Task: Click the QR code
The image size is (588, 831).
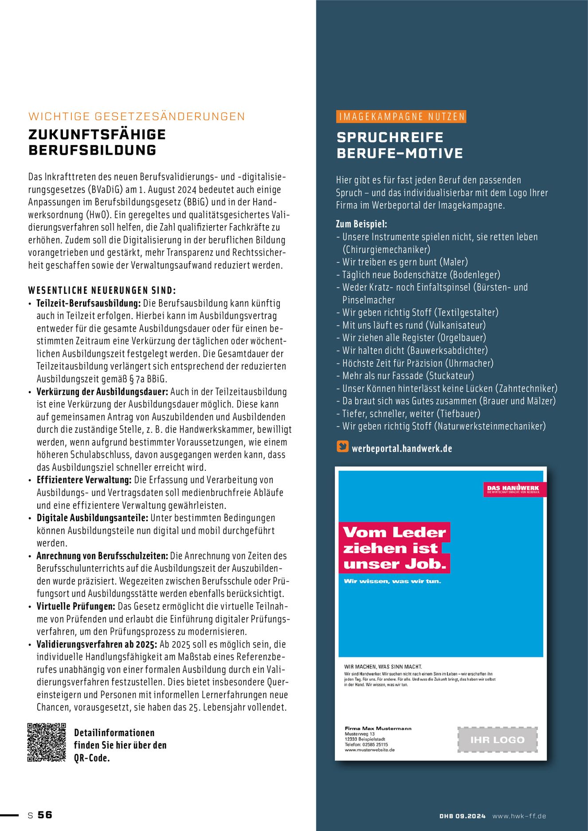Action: [47, 742]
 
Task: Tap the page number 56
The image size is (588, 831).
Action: [45, 815]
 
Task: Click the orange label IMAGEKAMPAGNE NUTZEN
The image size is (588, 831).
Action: [401, 117]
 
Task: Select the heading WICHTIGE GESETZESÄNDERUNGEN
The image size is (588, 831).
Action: [137, 117]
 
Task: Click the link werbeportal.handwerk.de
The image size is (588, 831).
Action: [402, 449]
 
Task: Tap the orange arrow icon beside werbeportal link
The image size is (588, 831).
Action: [342, 446]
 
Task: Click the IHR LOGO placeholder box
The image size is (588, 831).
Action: [497, 740]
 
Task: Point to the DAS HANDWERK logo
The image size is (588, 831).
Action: [514, 489]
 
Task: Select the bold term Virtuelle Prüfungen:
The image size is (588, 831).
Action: [76, 606]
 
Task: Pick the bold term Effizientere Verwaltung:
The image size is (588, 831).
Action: [84, 480]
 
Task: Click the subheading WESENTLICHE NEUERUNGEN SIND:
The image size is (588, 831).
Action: [102, 291]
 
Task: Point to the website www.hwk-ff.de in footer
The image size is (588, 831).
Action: [519, 816]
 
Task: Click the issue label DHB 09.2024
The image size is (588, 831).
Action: [463, 816]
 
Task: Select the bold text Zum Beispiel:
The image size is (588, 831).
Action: [361, 224]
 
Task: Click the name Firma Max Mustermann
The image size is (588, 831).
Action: [378, 728]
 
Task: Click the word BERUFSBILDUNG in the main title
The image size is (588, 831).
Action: [92, 150]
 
